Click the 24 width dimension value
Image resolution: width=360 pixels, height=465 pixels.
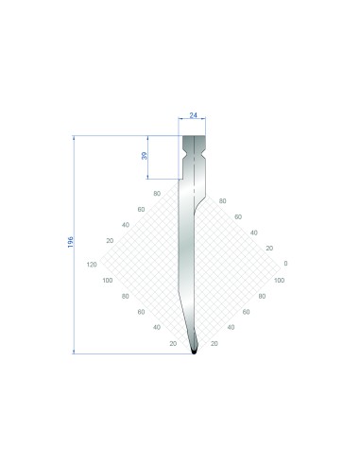(x=193, y=115)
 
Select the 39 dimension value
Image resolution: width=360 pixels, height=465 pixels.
(x=145, y=156)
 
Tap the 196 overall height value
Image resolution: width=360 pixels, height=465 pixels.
(x=71, y=242)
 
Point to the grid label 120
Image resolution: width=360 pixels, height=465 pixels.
(x=92, y=265)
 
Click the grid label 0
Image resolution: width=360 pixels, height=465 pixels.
(x=285, y=264)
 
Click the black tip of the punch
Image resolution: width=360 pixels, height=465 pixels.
(x=194, y=351)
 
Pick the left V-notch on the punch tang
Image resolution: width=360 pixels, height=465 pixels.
(x=183, y=155)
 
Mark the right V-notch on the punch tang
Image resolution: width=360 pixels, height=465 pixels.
(x=204, y=155)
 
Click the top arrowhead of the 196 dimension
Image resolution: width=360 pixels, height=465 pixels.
(x=74, y=138)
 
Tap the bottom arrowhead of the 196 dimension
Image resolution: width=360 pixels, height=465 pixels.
(x=74, y=352)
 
